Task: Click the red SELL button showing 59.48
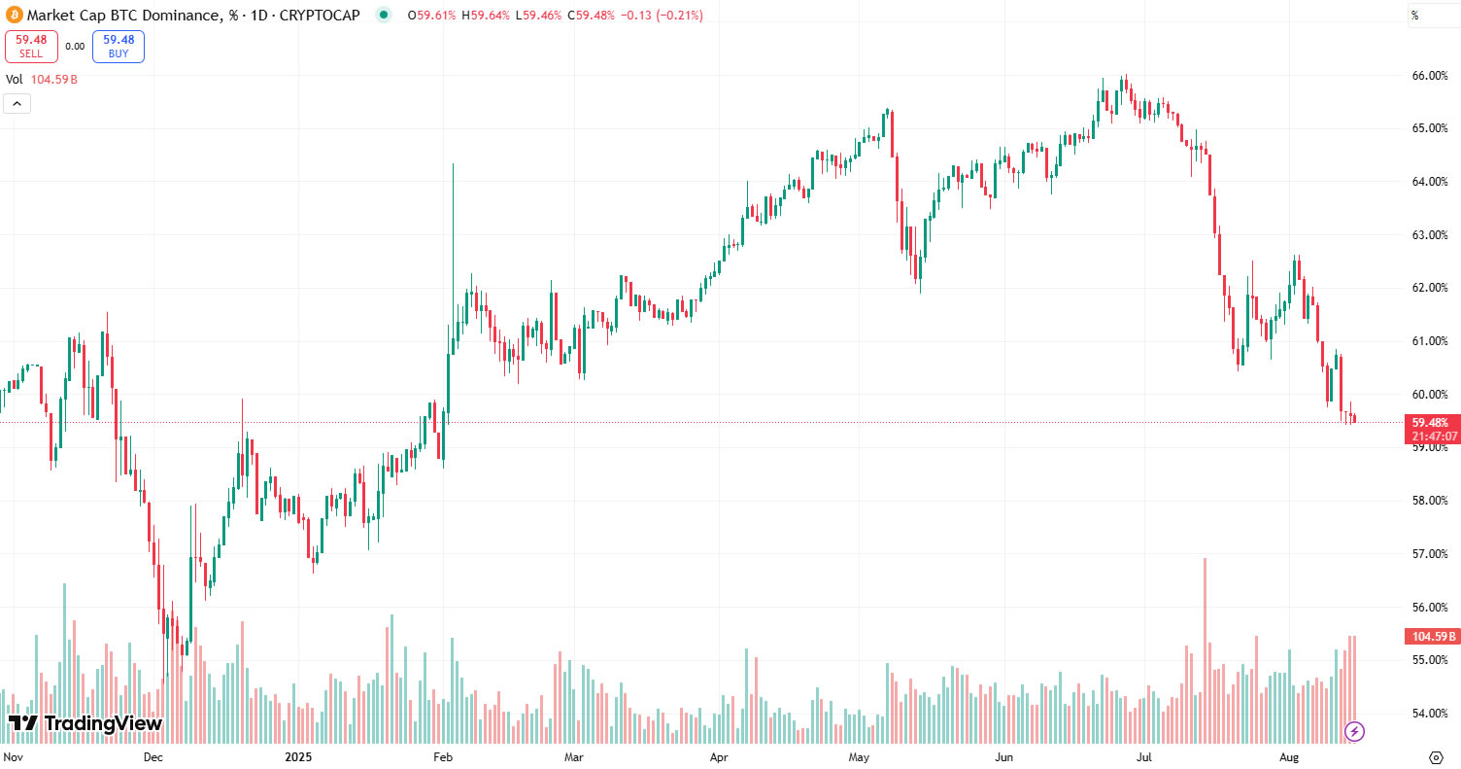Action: (31, 46)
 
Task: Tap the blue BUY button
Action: (119, 46)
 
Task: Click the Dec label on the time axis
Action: (153, 755)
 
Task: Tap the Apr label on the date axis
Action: (719, 755)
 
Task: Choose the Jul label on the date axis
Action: (1144, 755)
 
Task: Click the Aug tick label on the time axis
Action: (1289, 755)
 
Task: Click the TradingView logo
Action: (85, 723)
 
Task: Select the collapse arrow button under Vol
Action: (17, 103)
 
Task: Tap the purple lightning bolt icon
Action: (1354, 731)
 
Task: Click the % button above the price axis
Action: (1415, 15)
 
